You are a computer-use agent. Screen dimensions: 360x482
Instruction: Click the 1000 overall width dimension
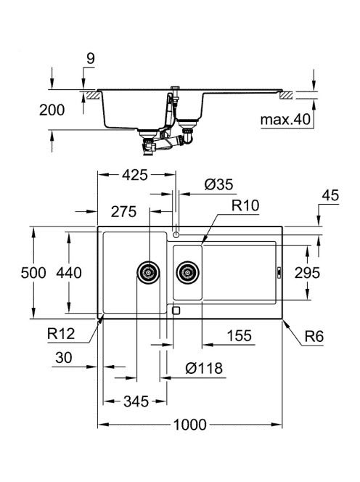189,425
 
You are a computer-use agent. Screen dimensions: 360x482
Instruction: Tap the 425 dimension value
135,175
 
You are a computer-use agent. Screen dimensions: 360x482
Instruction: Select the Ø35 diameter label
218,184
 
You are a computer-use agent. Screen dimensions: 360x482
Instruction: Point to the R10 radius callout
245,205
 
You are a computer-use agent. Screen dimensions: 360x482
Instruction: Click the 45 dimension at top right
330,195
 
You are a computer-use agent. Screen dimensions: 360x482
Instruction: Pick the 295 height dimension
307,273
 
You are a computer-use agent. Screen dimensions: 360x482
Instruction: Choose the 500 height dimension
33,273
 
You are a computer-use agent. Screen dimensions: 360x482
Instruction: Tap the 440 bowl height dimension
69,273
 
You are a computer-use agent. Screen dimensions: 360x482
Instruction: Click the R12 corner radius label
61,333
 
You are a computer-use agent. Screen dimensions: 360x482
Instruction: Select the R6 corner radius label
314,337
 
